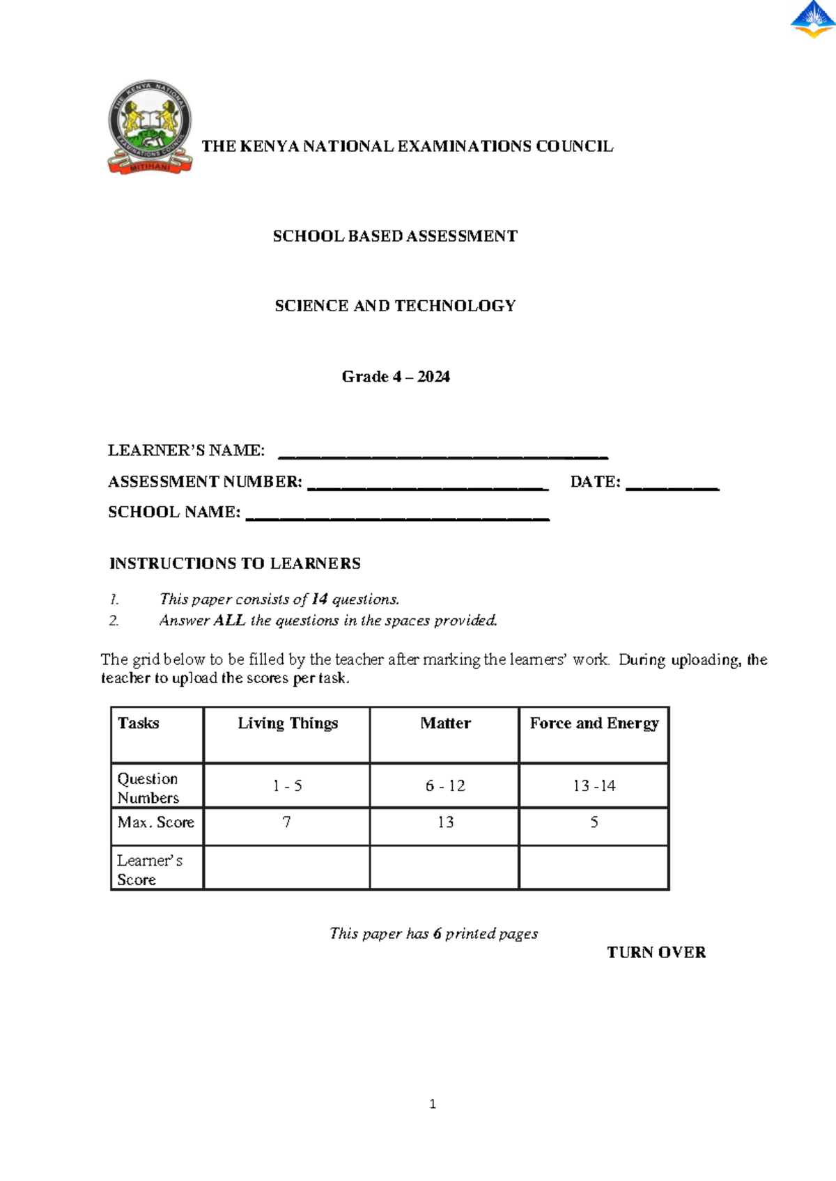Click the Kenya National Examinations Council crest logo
150,127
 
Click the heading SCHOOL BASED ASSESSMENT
395,236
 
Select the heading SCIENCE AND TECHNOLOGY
395,306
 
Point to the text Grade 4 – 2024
396,377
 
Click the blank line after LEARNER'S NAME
443,455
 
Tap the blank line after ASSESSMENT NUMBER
428,487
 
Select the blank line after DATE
672,487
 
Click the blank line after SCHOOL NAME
398,517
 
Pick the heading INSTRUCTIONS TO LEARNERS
235,563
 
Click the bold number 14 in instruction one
319,599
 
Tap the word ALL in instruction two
229,620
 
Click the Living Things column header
288,724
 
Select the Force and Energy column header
594,724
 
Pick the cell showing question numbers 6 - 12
445,785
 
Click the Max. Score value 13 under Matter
445,822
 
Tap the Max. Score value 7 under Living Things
286,822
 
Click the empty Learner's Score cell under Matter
444,868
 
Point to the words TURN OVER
656,953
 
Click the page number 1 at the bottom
433,1104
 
